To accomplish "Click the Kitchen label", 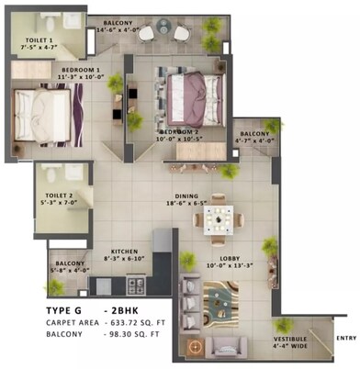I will (x=125, y=252).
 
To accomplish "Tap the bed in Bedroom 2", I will (x=194, y=95).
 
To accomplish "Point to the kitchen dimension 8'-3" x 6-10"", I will (x=125, y=260).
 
